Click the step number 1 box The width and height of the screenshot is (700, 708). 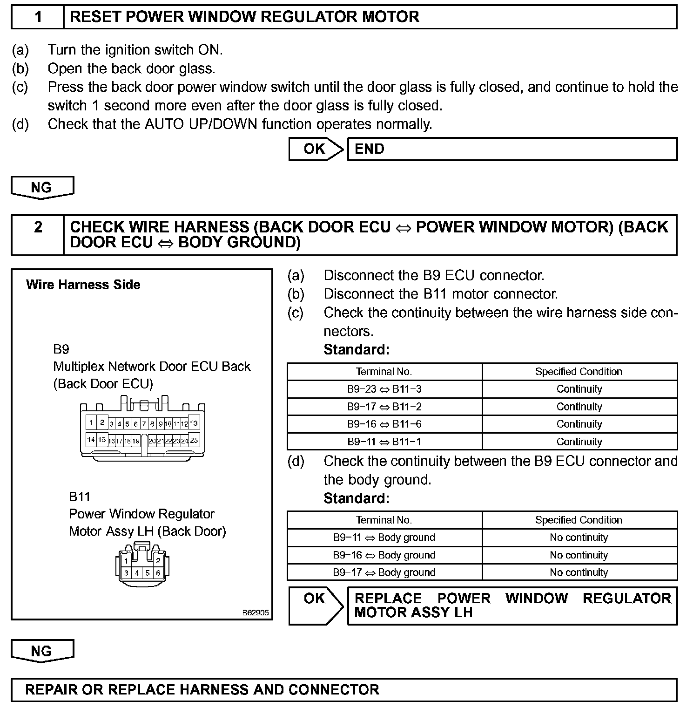(x=38, y=17)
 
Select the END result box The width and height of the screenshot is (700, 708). (x=512, y=149)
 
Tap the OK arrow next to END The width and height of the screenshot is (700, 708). (x=316, y=149)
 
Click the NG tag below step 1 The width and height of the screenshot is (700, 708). (x=42, y=188)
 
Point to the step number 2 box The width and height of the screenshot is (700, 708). (x=38, y=234)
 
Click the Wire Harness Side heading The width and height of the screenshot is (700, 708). (x=83, y=285)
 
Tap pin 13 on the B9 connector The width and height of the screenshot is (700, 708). (x=194, y=423)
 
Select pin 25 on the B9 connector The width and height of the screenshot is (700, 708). (x=194, y=440)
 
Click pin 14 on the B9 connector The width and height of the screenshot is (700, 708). (x=91, y=439)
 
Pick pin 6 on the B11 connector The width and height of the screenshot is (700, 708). (x=158, y=573)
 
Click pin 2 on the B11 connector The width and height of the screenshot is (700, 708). (x=158, y=560)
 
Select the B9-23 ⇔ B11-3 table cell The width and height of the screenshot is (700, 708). (x=384, y=389)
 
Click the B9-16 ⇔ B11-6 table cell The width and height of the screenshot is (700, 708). (x=384, y=424)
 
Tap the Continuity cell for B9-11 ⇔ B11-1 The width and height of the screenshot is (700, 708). (x=579, y=442)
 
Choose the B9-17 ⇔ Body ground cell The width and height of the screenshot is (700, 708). (x=384, y=572)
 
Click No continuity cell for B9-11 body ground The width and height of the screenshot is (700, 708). (x=579, y=538)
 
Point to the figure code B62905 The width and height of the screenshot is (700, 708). (x=255, y=613)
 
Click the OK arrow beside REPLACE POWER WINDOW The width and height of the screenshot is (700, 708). (x=316, y=605)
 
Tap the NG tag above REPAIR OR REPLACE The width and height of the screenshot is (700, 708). (x=42, y=651)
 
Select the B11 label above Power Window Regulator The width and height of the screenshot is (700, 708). (x=80, y=497)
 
